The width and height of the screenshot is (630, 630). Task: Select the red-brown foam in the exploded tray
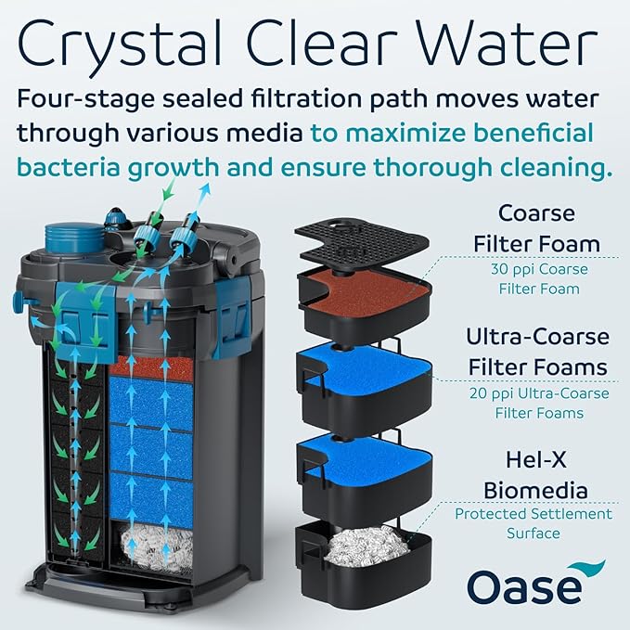(x=362, y=291)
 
